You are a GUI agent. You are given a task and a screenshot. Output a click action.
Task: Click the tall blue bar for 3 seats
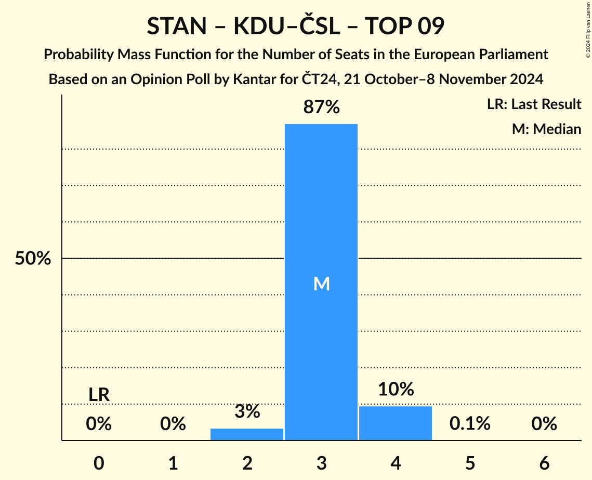[x=321, y=208]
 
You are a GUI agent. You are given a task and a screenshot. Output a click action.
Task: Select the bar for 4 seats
[x=396, y=423]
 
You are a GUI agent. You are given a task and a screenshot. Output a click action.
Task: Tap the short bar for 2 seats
[x=247, y=434]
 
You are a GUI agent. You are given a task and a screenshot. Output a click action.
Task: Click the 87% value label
[x=321, y=108]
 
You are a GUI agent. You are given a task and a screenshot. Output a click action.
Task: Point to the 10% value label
[x=396, y=389]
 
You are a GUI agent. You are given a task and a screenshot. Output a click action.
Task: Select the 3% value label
[x=247, y=411]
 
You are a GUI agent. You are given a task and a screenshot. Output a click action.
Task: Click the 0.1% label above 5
[x=470, y=424]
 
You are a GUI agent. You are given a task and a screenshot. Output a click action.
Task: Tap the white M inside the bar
[x=321, y=284]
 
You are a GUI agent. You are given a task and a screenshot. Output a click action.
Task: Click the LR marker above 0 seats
[x=99, y=395]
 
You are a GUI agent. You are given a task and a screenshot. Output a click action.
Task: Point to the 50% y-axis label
[x=33, y=259]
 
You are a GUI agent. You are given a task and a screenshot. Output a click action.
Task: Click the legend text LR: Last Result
[x=534, y=104]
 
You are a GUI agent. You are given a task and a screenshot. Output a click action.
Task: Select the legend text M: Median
[x=546, y=129]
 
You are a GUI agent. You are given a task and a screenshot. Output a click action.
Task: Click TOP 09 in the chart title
[x=404, y=26]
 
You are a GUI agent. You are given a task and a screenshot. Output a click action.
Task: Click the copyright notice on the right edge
[x=588, y=29]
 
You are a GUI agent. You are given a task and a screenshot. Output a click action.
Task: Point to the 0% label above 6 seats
[x=544, y=424]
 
